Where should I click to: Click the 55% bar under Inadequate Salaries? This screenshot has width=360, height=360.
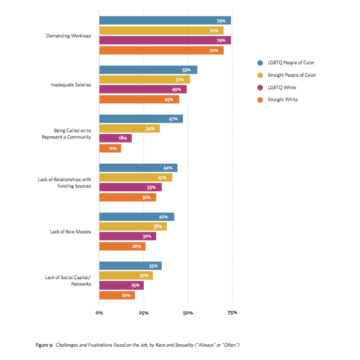[148, 70]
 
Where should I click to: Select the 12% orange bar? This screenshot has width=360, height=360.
[110, 149]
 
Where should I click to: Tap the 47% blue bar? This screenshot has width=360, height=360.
[141, 119]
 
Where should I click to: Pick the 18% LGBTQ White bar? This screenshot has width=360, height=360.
[115, 138]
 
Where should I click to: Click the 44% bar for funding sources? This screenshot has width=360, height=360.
[138, 168]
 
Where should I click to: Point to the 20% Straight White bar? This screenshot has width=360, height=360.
[117, 295]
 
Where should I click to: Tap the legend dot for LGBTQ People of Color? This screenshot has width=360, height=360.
[259, 63]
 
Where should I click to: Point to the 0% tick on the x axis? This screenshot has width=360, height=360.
[99, 313]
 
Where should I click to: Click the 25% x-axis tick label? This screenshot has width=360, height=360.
[144, 313]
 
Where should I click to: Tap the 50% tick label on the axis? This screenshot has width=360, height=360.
[188, 313]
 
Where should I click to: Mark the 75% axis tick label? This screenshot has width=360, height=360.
[232, 313]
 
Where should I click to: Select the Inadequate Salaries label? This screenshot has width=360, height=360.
[71, 85]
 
